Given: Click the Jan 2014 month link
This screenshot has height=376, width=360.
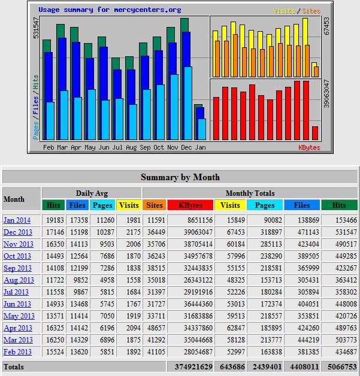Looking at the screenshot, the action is click(x=17, y=220).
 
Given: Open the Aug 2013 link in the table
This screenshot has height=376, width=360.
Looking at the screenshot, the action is click(x=19, y=280).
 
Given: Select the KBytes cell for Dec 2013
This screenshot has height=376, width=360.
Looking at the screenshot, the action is click(x=198, y=232).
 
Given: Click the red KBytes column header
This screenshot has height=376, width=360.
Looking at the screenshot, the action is click(x=190, y=205).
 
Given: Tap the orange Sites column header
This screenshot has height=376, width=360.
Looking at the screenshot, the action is click(x=155, y=205).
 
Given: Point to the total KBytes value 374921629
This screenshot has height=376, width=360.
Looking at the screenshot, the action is click(x=193, y=367).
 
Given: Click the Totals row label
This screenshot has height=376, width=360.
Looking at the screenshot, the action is click(x=14, y=367).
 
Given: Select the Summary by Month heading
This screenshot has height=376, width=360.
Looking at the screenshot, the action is click(x=180, y=177).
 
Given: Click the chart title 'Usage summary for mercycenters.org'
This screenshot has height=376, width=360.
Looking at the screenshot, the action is click(x=110, y=10).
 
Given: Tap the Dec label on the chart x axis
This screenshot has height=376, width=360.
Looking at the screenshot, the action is click(x=186, y=147).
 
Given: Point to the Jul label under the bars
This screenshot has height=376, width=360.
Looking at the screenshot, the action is click(x=117, y=147).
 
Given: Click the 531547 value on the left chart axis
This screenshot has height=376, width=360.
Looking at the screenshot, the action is click(x=36, y=28).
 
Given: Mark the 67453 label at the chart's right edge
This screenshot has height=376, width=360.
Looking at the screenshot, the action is click(x=326, y=26).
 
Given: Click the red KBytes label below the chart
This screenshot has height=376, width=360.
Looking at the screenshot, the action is click(x=310, y=147).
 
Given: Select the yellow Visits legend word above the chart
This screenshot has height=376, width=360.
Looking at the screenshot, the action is click(x=285, y=11).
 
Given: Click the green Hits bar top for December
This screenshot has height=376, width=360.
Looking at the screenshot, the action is click(x=184, y=25).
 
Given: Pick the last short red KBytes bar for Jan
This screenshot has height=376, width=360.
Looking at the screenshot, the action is click(x=315, y=133).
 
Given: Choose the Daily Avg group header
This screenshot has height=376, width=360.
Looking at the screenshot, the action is click(x=92, y=193).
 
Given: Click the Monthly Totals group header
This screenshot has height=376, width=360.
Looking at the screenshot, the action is click(x=250, y=193).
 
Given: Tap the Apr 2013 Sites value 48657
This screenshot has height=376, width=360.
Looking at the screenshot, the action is click(x=156, y=328).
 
